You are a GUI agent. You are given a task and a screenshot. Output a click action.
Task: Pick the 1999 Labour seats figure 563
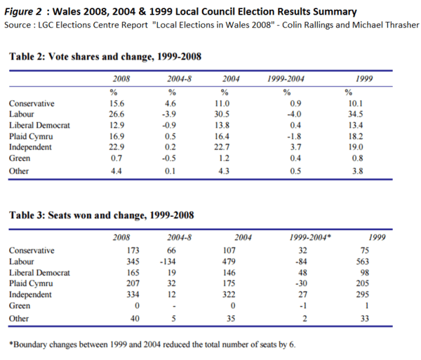[x=363, y=261]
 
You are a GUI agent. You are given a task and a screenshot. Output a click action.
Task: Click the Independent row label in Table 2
[x=33, y=147]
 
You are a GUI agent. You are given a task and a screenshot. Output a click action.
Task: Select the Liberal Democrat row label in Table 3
[x=39, y=272]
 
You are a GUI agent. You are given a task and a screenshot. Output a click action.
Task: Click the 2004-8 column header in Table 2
[x=172, y=79]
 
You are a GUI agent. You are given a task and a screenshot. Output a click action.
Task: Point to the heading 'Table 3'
[x=31, y=215]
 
